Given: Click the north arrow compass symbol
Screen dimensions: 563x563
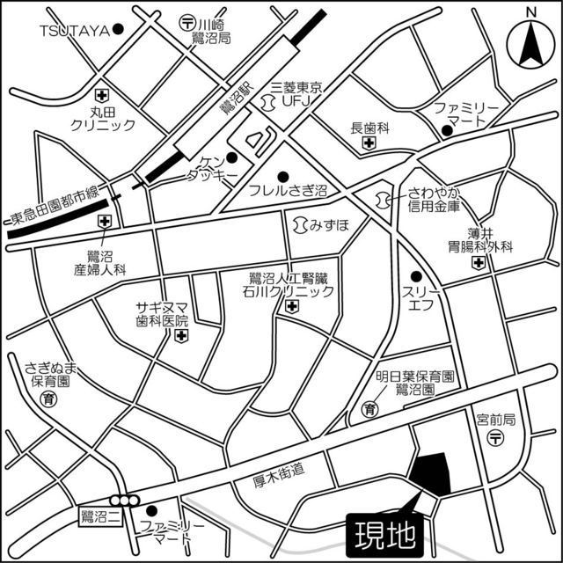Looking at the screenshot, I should click(x=530, y=40).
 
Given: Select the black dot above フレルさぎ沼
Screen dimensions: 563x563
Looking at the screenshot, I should click(x=283, y=174).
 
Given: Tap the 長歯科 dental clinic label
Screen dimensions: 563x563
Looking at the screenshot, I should click(x=369, y=127).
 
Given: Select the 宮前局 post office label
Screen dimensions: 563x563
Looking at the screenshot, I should click(x=494, y=420).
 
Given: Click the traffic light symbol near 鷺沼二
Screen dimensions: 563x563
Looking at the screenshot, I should click(x=129, y=501).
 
